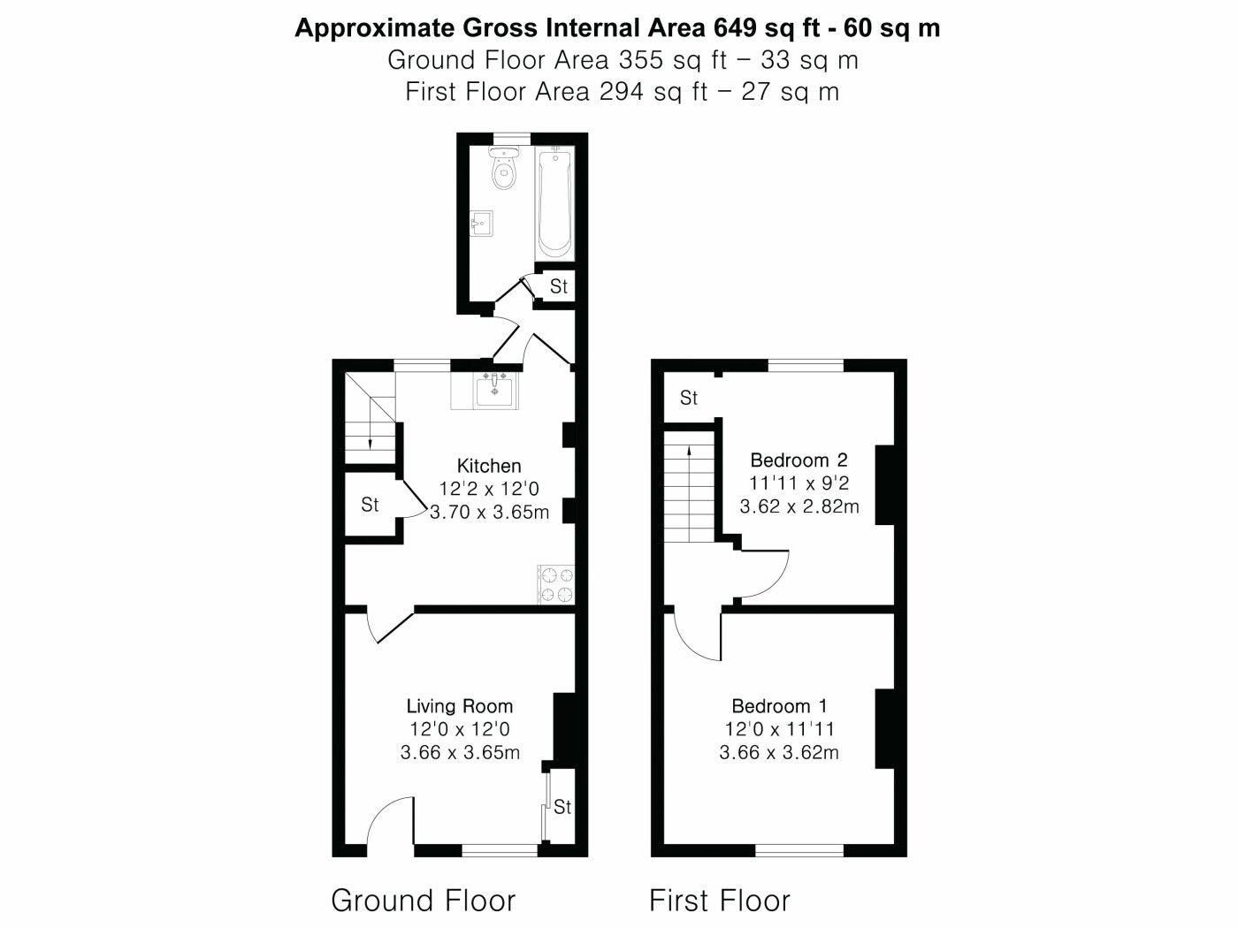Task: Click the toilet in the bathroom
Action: [503, 168]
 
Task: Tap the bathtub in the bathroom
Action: [555, 203]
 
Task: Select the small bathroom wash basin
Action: [481, 224]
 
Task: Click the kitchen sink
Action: [494, 391]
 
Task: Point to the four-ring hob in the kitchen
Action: [557, 585]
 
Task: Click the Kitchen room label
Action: [489, 466]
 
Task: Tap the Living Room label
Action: [460, 706]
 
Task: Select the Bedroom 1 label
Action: [779, 706]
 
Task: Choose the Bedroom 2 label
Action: [799, 460]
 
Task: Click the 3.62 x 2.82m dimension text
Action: [799, 506]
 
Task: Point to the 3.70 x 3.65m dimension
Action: [489, 513]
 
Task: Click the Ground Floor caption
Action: [423, 900]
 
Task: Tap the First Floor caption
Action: [720, 900]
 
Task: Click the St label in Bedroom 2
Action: [689, 398]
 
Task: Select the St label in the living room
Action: [562, 807]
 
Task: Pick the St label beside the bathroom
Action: [558, 286]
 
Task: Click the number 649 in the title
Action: [735, 27]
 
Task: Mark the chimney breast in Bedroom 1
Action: [885, 728]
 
